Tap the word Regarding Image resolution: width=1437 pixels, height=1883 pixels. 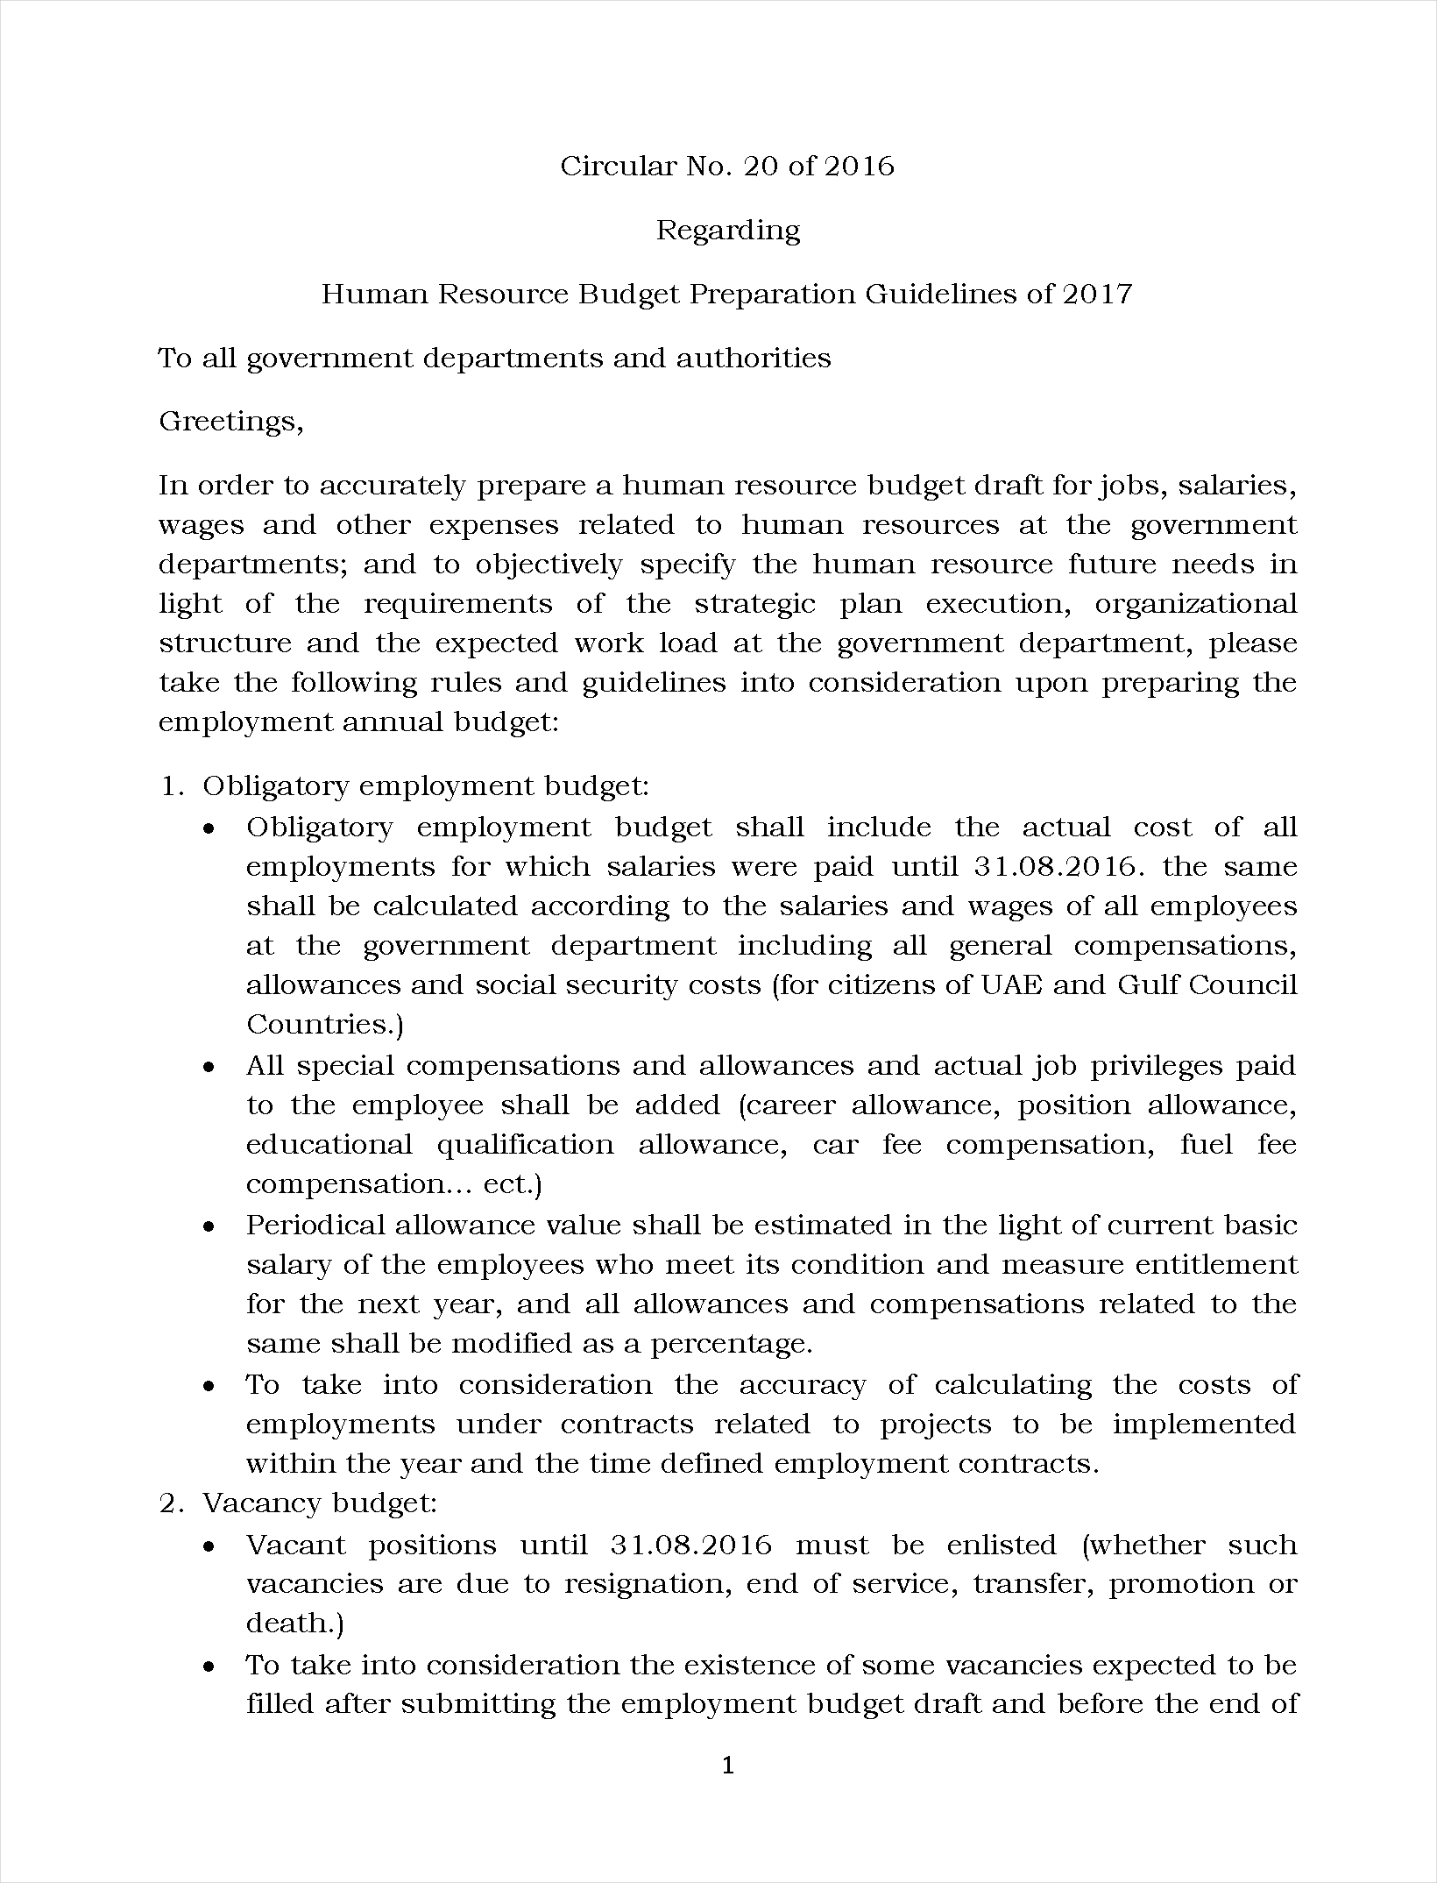pos(728,231)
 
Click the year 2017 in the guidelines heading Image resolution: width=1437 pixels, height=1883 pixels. pos(1097,294)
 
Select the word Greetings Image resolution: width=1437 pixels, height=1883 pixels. pos(230,423)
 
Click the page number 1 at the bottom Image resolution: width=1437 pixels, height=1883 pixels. pos(727,1766)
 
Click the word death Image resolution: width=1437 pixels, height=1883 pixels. pos(291,1624)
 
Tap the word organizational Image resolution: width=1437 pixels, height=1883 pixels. pos(1196,605)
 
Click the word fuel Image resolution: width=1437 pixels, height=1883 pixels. pos(1207,1145)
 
